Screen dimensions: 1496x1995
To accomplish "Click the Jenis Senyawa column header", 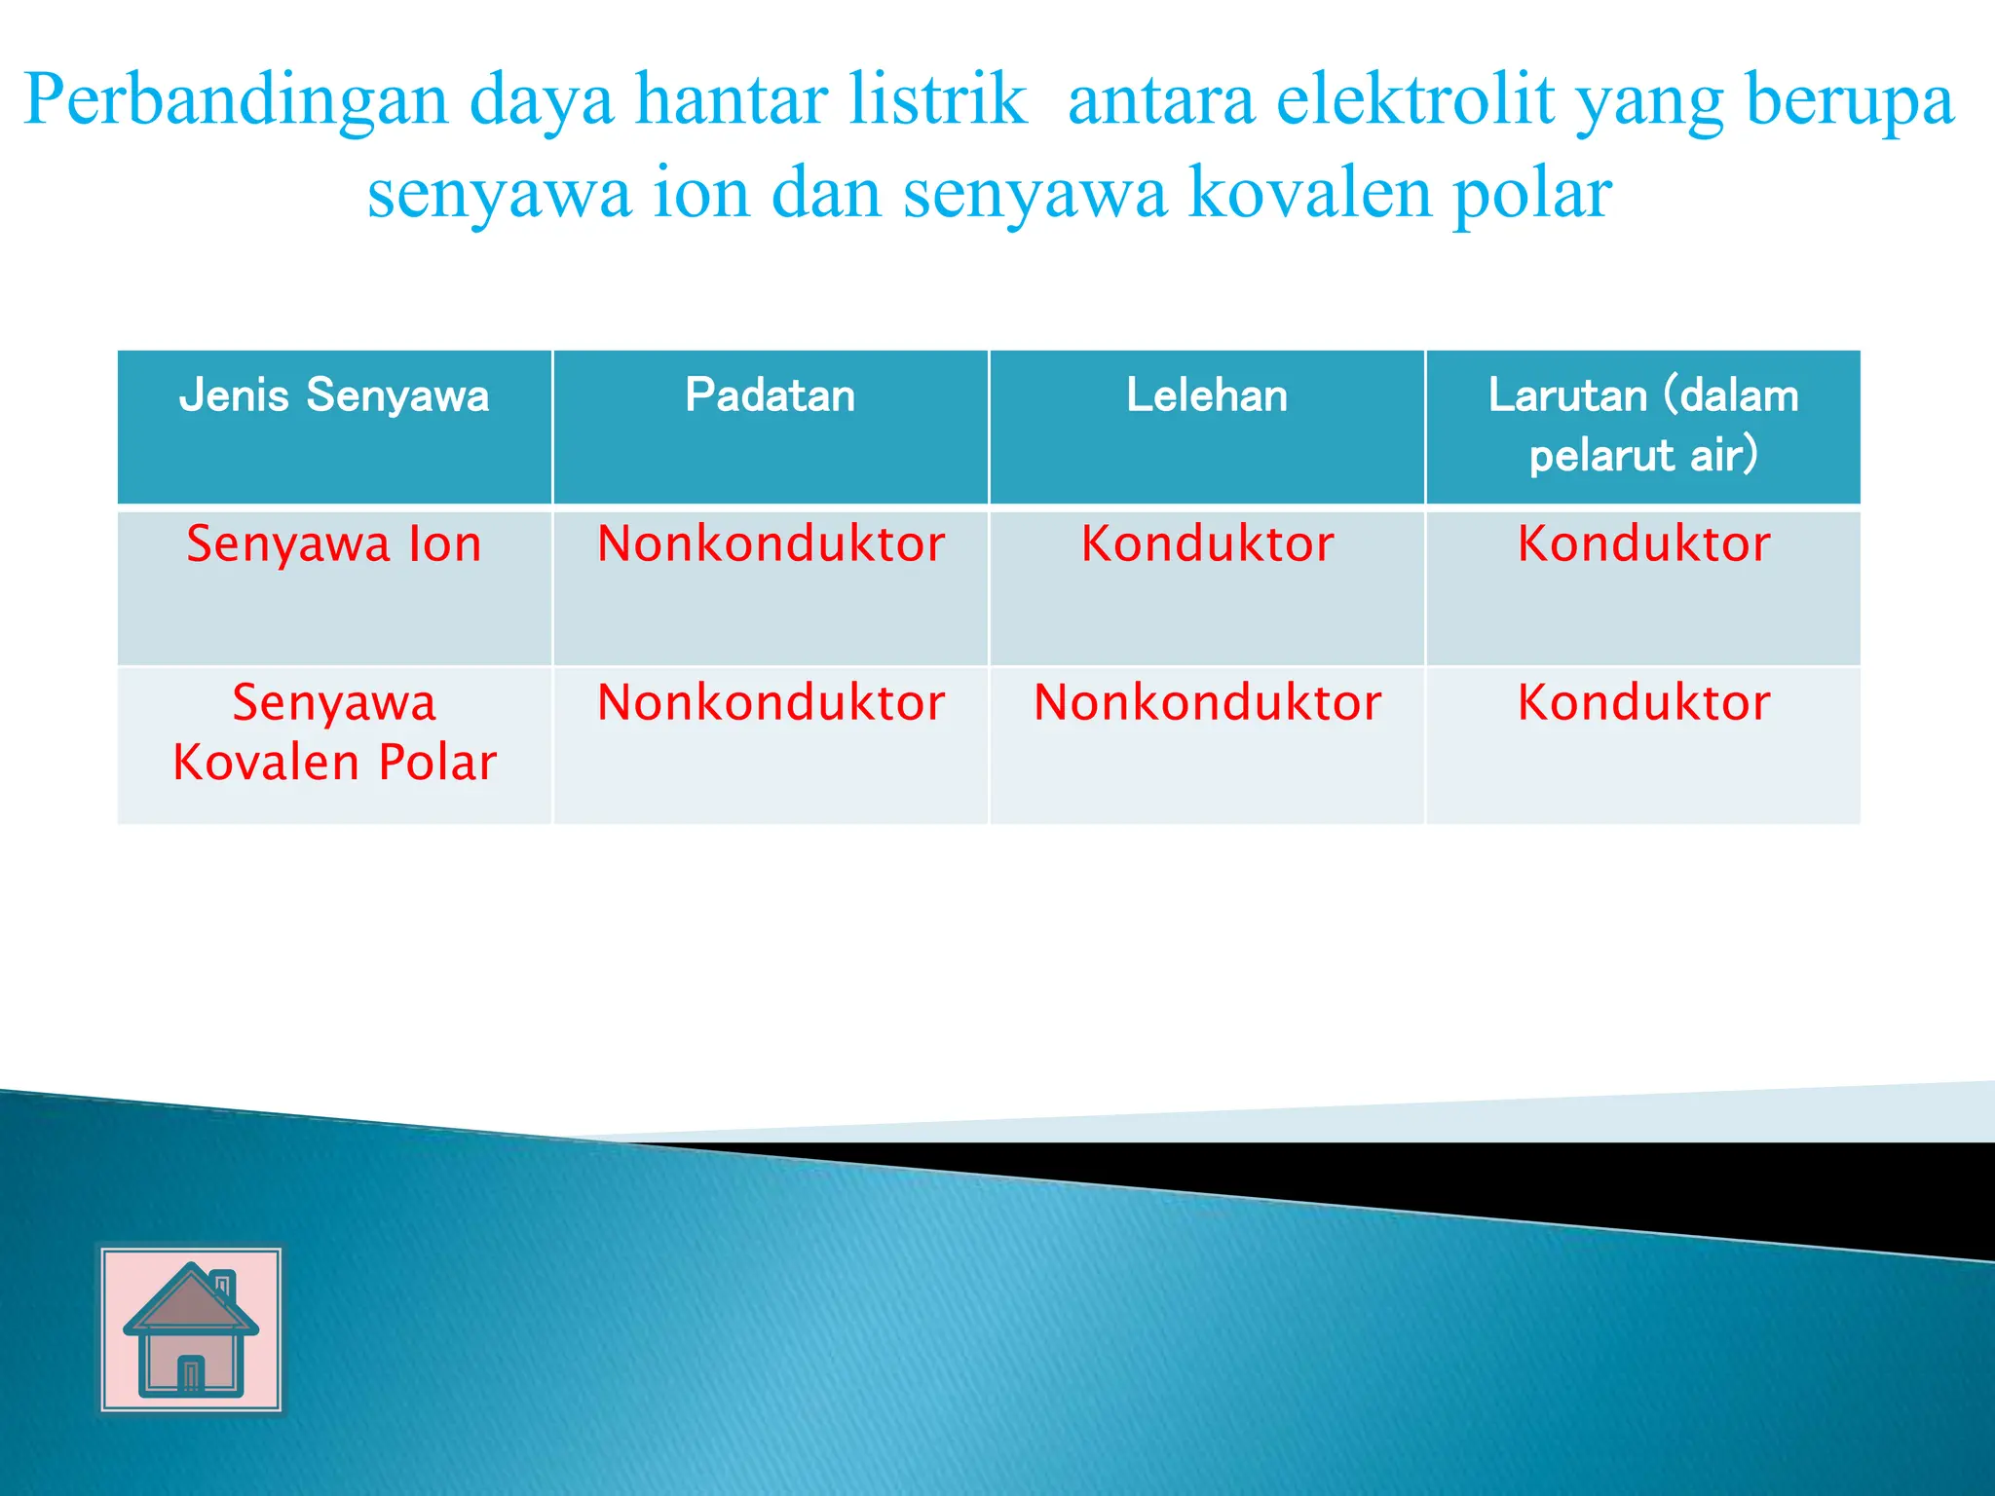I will pyautogui.click(x=334, y=396).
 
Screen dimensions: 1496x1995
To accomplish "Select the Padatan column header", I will pyautogui.click(x=770, y=396).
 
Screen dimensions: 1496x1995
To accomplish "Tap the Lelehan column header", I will pyautogui.click(x=1207, y=396).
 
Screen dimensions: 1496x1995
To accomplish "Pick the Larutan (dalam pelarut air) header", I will pyautogui.click(x=1643, y=425).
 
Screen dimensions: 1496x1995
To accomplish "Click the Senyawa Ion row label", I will pyautogui.click(x=334, y=544).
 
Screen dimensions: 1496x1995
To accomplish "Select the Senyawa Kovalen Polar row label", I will pyautogui.click(x=334, y=732).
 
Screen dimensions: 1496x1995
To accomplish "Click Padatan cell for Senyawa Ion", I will pyautogui.click(x=771, y=544).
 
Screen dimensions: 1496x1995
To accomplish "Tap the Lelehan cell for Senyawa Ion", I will pyautogui.click(x=1207, y=544).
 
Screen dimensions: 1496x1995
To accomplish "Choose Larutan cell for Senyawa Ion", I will pyautogui.click(x=1643, y=544).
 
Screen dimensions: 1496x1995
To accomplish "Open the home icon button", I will pyautogui.click(x=191, y=1329).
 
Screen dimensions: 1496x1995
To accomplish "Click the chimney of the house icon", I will pyautogui.click(x=223, y=1284).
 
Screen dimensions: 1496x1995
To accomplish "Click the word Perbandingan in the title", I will pyautogui.click(x=235, y=101).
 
